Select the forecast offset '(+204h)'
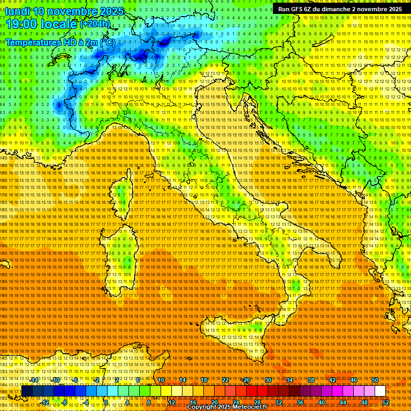point(95,24)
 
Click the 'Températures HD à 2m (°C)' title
point(60,42)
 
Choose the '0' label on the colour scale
point(106,402)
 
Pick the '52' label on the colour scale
point(385,402)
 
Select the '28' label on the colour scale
point(257,402)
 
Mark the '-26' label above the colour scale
point(246,380)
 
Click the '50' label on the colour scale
point(375,380)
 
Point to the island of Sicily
point(235,337)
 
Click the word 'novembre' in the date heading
point(70,11)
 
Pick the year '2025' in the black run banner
point(394,9)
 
